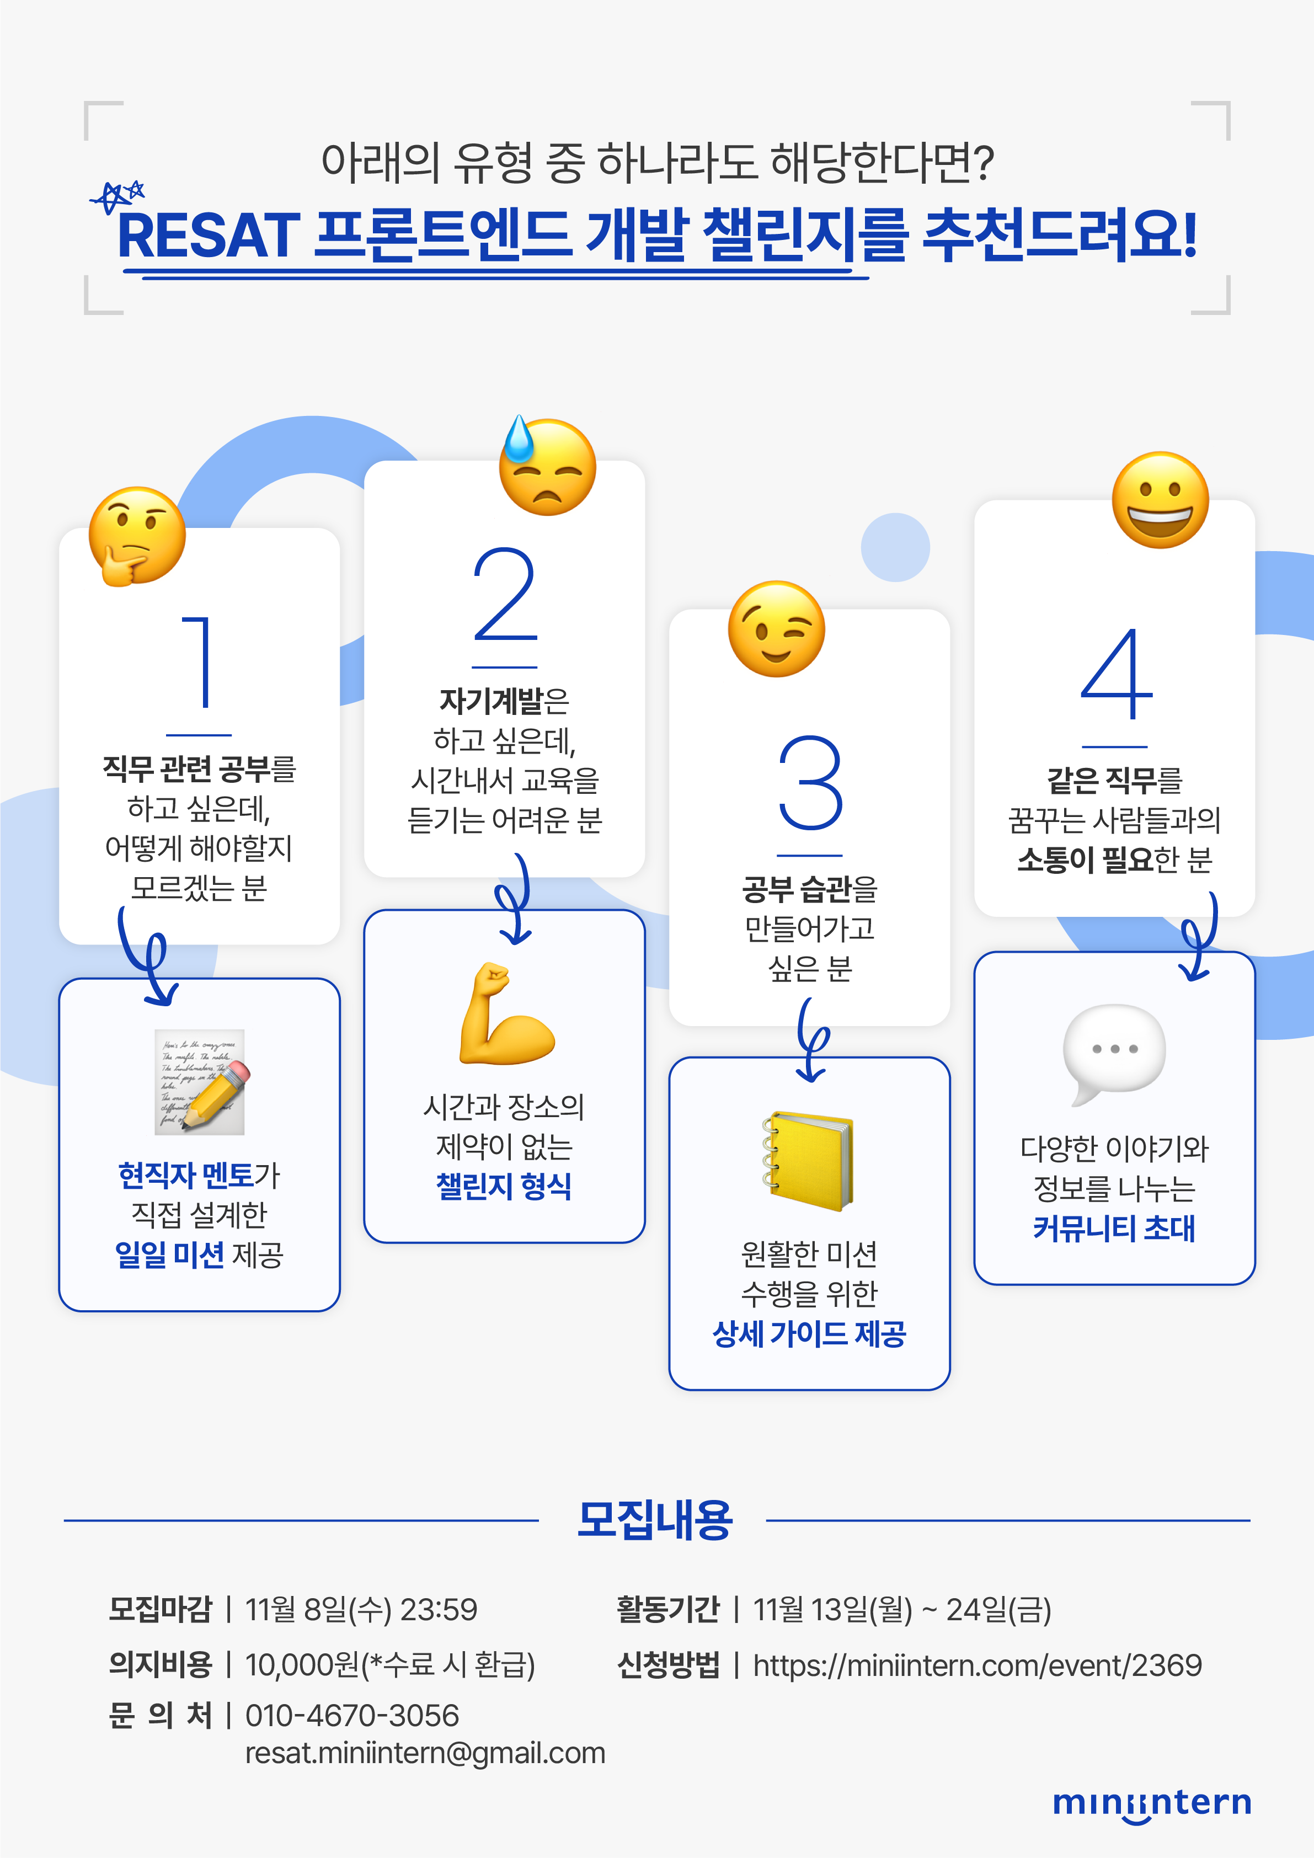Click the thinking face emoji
click(x=136, y=536)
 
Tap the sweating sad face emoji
click(x=547, y=466)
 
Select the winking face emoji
click(x=776, y=629)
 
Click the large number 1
click(x=199, y=662)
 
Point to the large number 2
click(x=504, y=595)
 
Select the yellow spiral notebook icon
click(x=808, y=1161)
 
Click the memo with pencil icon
click(x=200, y=1082)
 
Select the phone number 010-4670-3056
click(x=352, y=1716)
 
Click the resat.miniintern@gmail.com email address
click(x=425, y=1753)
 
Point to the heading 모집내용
click(x=655, y=1520)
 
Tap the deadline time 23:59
click(x=439, y=1610)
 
